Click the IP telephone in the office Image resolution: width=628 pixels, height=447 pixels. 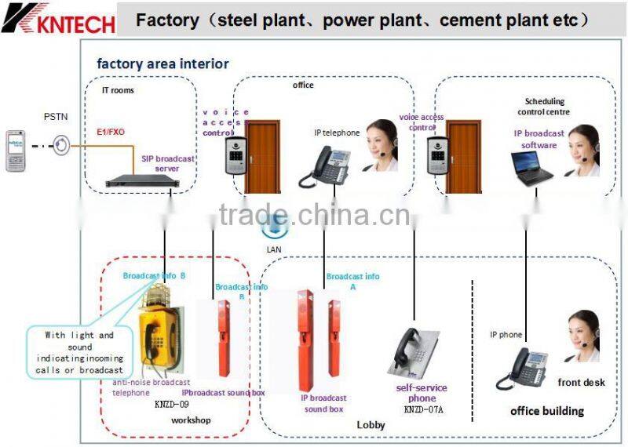click(323, 166)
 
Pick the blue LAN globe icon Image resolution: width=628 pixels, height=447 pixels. click(275, 226)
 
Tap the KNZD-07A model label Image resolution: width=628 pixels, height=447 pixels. click(423, 409)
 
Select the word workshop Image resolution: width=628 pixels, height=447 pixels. click(192, 420)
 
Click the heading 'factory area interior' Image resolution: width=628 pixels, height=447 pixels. click(162, 64)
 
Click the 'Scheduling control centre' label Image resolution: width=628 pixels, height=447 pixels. click(545, 106)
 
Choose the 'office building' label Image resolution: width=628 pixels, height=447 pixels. click(547, 410)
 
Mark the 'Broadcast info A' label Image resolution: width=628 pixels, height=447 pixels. click(352, 281)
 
